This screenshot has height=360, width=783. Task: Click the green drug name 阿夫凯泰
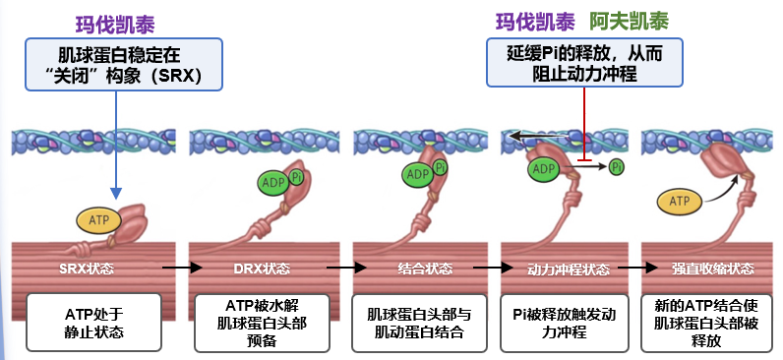pos(629,22)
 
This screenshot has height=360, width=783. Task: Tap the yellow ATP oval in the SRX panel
pos(99,218)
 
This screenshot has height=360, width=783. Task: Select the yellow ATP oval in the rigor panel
pos(679,202)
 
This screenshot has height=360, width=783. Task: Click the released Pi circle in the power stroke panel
pos(617,167)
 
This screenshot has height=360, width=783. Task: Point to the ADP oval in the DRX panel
pos(273,183)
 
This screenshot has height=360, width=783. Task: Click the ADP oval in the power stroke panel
pos(543,169)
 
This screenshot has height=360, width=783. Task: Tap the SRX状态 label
pos(87,269)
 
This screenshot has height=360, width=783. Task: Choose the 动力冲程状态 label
pos(569,270)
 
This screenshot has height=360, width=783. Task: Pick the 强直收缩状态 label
pos(712,269)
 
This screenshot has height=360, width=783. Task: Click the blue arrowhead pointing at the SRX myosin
pos(116,193)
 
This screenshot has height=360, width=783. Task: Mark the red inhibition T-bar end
pos(584,160)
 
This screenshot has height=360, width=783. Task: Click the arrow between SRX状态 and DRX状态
pos(182,268)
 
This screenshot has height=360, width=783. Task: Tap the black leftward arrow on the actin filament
pos(538,135)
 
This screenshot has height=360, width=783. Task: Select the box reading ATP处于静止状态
pos(93,322)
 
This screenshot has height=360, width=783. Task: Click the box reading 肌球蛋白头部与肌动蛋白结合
pos(419,323)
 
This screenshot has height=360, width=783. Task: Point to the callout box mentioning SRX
pos(123,64)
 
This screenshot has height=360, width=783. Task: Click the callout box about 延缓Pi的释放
pos(584,63)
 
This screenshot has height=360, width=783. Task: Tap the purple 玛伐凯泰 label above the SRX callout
pos(115,25)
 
